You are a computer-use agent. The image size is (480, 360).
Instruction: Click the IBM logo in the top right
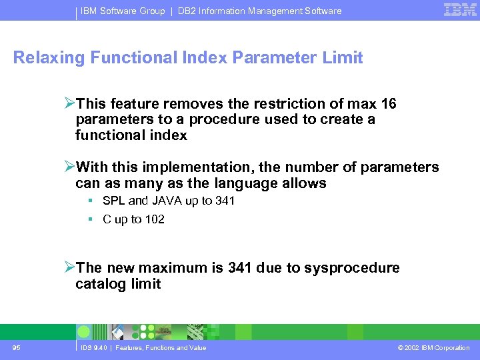coord(460,10)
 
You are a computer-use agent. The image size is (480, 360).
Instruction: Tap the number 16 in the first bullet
coord(387,103)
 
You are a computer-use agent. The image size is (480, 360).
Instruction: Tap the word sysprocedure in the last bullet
coord(352,268)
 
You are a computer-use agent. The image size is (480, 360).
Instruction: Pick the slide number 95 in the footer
coord(17,347)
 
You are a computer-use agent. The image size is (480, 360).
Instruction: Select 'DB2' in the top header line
coord(189,11)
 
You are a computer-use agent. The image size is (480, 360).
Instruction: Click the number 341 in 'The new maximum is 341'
coord(239,268)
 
